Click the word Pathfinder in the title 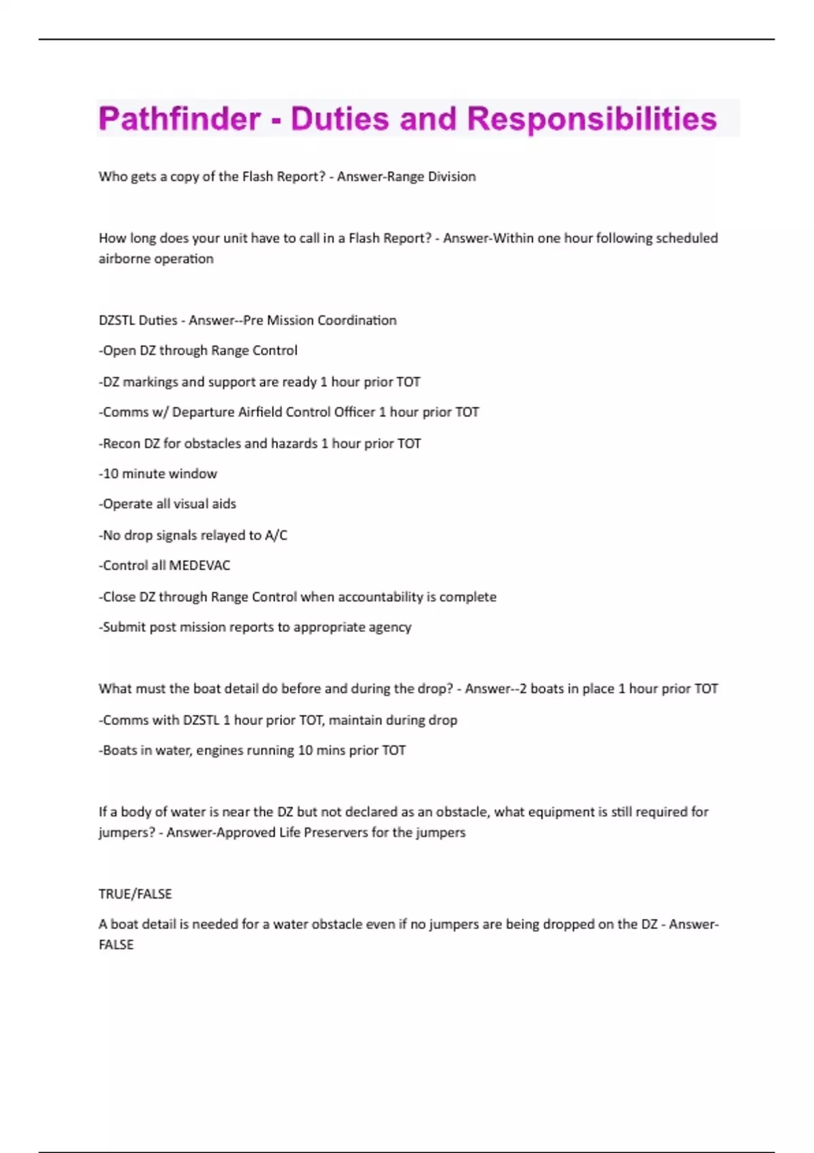coord(179,119)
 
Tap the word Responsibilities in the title coord(592,119)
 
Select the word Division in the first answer coord(452,176)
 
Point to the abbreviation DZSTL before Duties coord(117,320)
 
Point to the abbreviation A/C coord(276,535)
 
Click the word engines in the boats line coord(219,750)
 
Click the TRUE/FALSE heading coord(135,894)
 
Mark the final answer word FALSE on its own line coord(116,945)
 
